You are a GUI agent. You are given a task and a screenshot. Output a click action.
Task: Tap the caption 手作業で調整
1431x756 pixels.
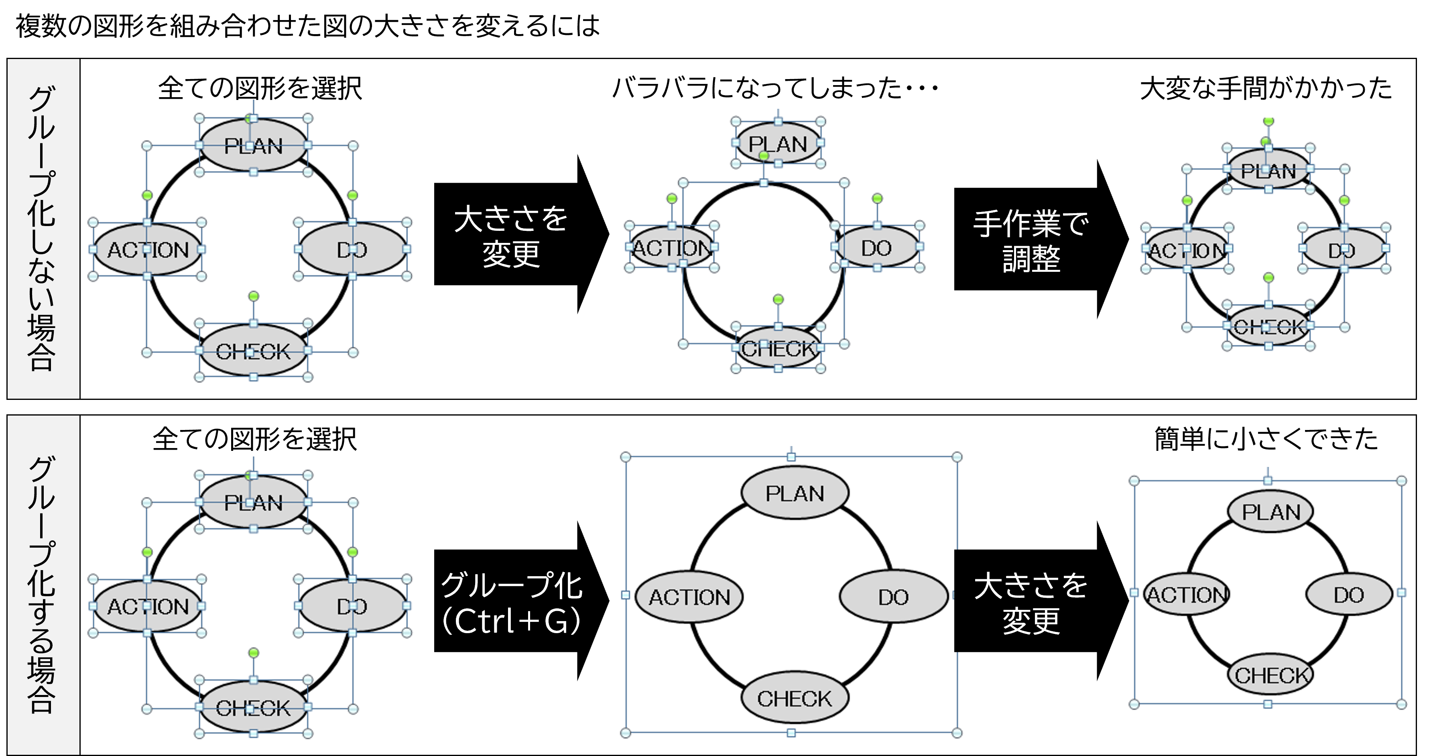tap(1031, 241)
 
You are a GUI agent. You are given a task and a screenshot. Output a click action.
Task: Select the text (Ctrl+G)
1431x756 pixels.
tap(511, 621)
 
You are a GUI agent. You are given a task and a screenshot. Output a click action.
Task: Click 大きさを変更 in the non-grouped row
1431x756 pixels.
tap(511, 236)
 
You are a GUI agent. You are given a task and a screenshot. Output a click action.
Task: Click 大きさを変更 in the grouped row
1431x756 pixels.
tap(1031, 603)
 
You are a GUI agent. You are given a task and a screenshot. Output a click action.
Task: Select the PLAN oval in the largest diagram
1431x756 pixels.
tap(795, 493)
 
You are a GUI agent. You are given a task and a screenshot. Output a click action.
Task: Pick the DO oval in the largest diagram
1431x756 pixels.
tap(893, 597)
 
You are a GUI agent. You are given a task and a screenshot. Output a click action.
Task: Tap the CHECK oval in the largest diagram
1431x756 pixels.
tap(795, 698)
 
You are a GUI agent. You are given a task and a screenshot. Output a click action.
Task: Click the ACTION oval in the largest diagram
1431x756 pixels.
tap(689, 597)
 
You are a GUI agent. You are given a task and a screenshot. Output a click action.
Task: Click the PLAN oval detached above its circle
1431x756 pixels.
tap(778, 143)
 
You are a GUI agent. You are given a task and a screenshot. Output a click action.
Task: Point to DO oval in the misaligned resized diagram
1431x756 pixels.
tap(876, 247)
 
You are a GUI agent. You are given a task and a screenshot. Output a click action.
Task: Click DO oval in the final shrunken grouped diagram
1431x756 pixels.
tap(1349, 595)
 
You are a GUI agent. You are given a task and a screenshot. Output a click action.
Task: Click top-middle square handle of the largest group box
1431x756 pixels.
tap(791, 457)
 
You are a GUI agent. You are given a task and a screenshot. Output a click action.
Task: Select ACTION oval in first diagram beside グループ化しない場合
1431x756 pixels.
tap(148, 250)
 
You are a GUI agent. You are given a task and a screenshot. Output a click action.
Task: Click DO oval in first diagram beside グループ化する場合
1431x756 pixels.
tap(352, 606)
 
